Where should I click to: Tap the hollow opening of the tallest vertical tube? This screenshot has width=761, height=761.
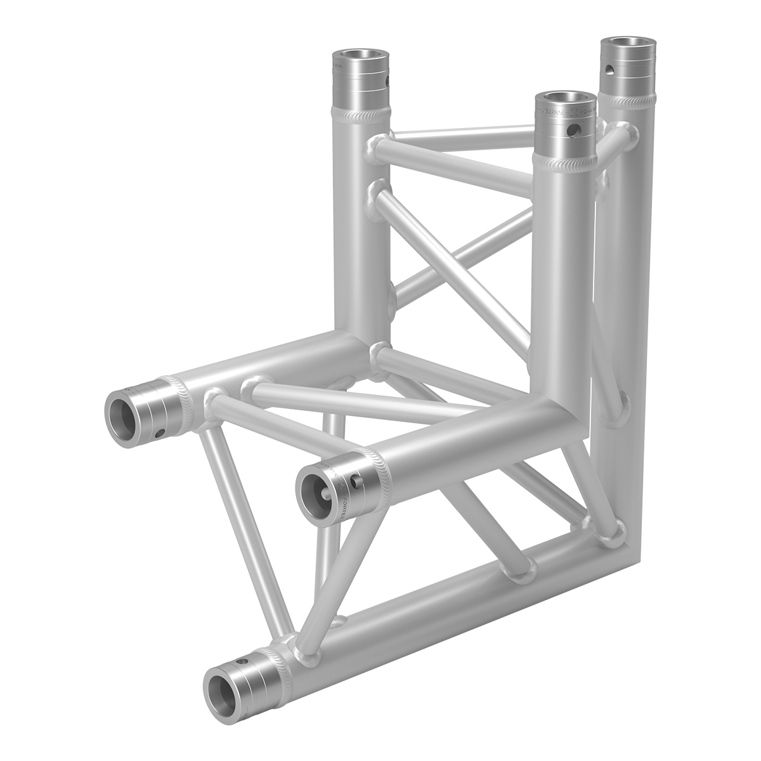pos(624,46)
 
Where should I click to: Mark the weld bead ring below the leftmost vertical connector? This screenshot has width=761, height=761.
pos(359,114)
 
